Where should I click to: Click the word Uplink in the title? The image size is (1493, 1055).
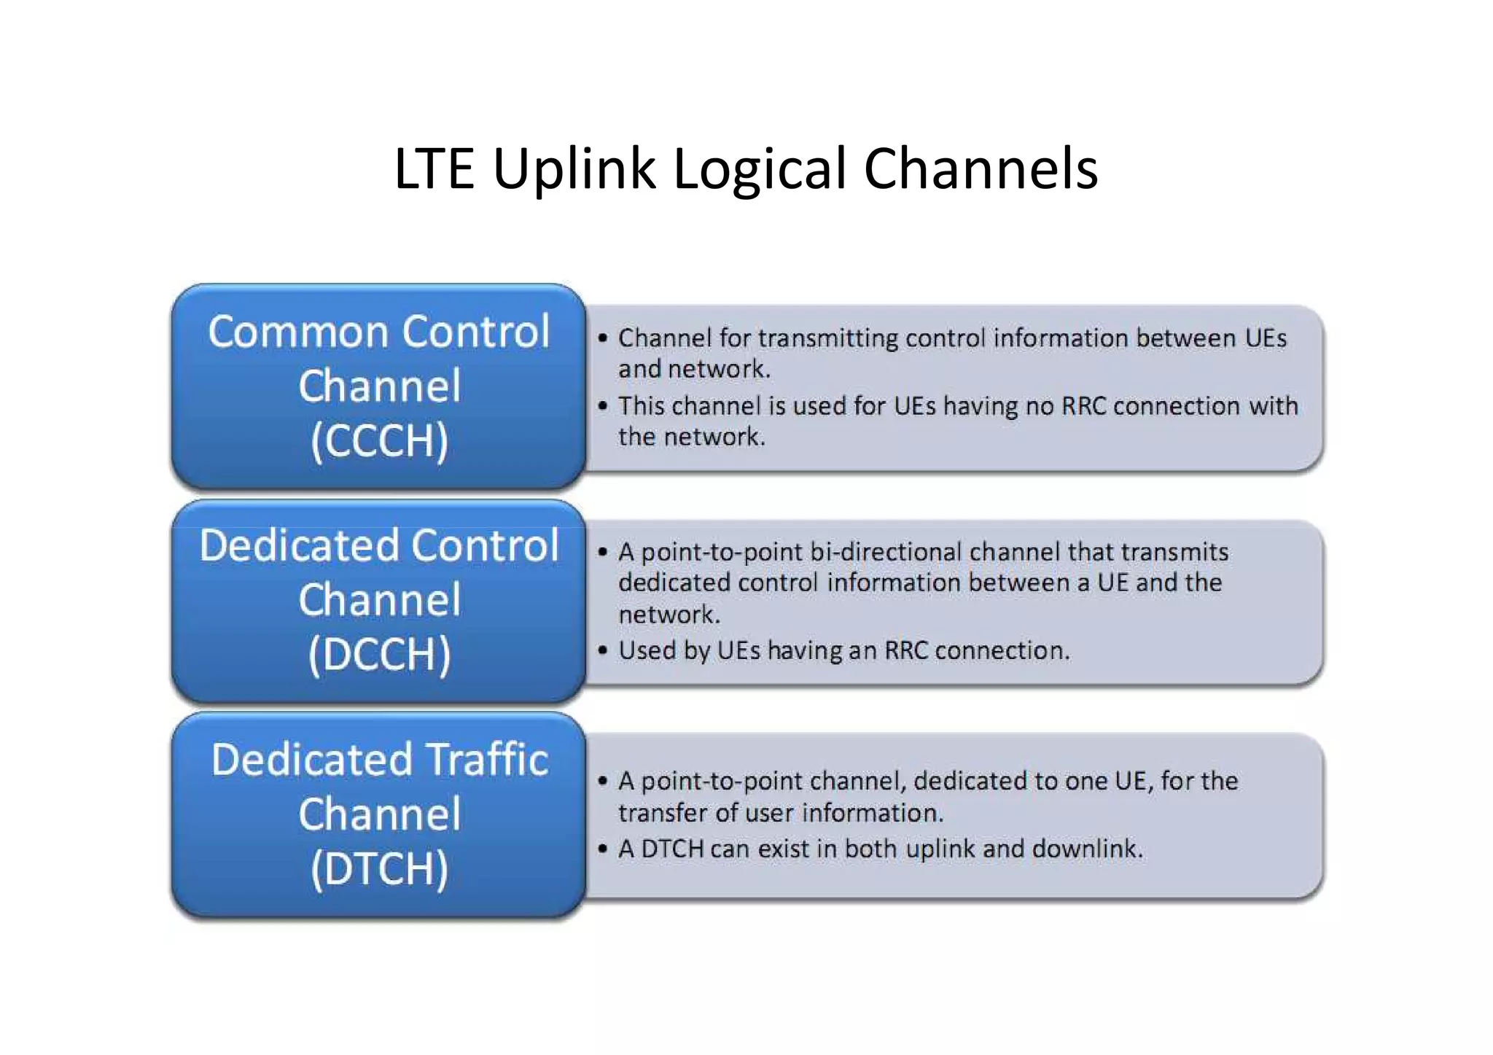click(x=574, y=169)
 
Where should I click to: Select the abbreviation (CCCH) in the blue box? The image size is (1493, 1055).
click(x=379, y=440)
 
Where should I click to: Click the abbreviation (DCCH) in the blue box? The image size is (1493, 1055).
click(x=379, y=654)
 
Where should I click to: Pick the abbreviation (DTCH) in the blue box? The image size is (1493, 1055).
click(x=379, y=868)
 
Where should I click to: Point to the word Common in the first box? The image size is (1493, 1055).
click(x=300, y=332)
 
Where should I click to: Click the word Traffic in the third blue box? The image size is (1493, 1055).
click(x=487, y=760)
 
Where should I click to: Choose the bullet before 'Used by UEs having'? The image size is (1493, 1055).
click(x=602, y=650)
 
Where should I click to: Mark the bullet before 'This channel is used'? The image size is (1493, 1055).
click(x=602, y=406)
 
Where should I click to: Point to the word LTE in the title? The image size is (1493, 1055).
click(x=434, y=169)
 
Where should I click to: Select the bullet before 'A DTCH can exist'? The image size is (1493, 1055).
click(x=602, y=849)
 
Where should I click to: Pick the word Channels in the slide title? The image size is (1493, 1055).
click(x=981, y=169)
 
